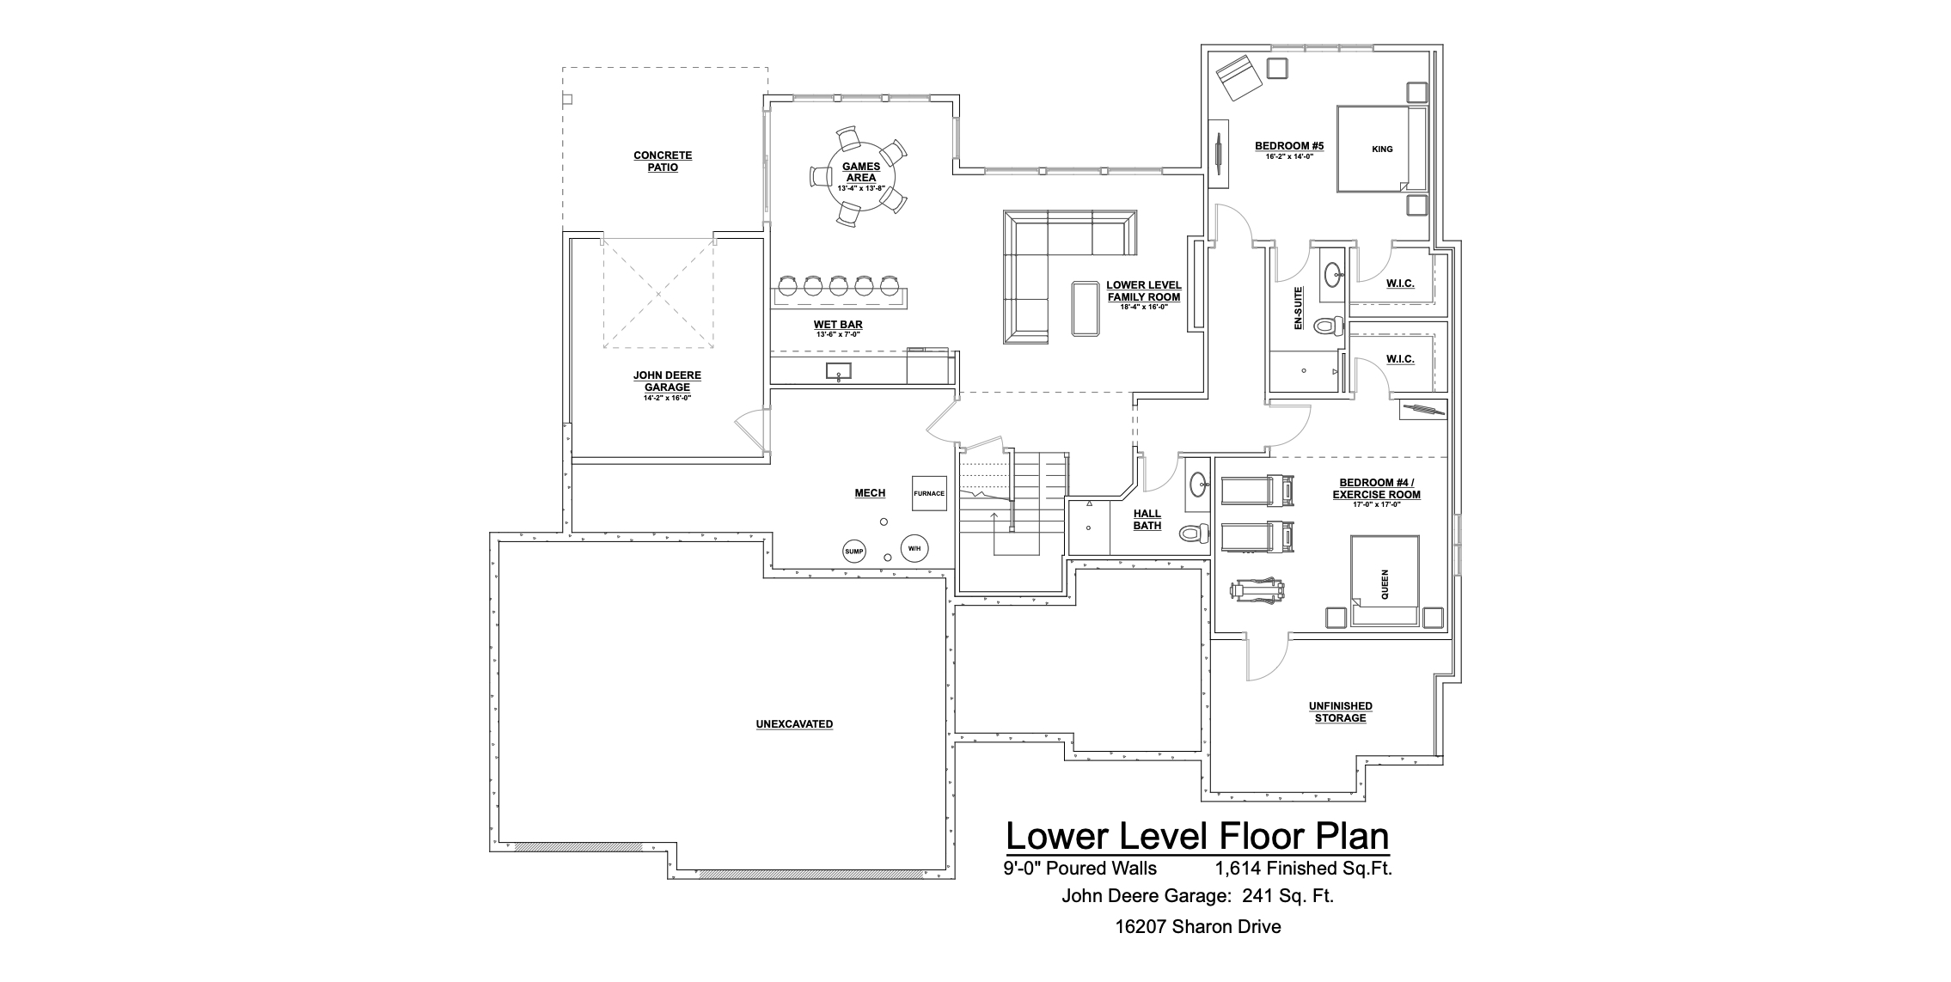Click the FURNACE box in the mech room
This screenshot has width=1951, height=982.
pyautogui.click(x=929, y=493)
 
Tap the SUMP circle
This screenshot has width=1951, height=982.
pyautogui.click(x=853, y=552)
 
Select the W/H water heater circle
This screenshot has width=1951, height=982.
pyautogui.click(x=914, y=548)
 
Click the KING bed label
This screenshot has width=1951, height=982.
pyautogui.click(x=1382, y=149)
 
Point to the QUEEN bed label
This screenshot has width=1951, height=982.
pyautogui.click(x=1385, y=584)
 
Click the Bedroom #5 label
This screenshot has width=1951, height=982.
pyautogui.click(x=1289, y=146)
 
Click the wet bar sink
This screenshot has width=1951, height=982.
pyautogui.click(x=839, y=371)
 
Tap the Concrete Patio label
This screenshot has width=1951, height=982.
pyautogui.click(x=663, y=162)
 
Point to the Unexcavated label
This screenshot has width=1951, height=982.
pyautogui.click(x=794, y=724)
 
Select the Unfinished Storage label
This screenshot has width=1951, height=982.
pyautogui.click(x=1341, y=712)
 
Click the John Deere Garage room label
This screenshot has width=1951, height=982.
pyautogui.click(x=667, y=381)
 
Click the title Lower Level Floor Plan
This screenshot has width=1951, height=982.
pyautogui.click(x=1197, y=836)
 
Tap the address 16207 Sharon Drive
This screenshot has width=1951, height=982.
pyautogui.click(x=1198, y=927)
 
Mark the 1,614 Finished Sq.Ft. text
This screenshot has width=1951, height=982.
pyautogui.click(x=1304, y=869)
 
